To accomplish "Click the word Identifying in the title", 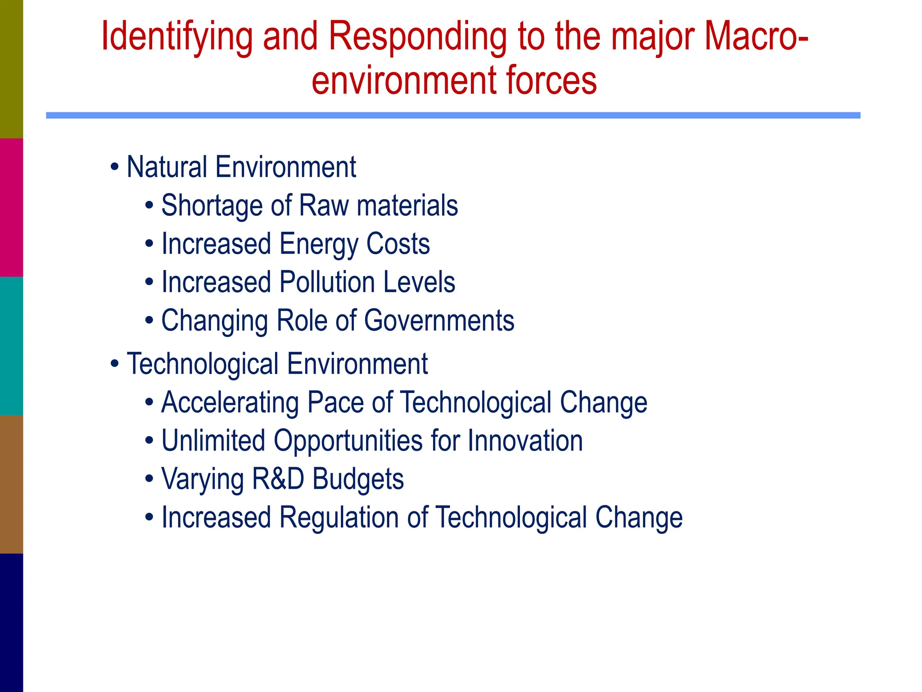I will pos(177,37).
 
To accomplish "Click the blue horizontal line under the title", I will pos(453,115).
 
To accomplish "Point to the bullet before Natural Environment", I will pos(115,167).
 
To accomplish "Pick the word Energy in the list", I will pos(318,244).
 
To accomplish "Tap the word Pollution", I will pos(327,282).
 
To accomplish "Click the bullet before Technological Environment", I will pos(115,364).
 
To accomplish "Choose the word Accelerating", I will pos(230,402).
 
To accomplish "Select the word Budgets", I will pos(358,479).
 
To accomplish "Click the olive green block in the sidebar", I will pos(11,69).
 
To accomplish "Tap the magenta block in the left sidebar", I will pos(11,207).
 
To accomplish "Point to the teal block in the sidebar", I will pos(11,346).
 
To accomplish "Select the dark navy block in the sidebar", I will pos(11,623).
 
